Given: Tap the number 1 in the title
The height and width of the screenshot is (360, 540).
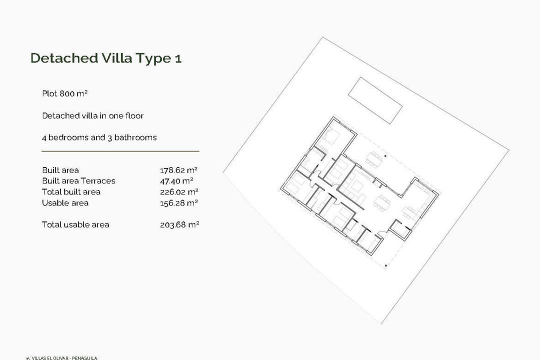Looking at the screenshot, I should point(178,58).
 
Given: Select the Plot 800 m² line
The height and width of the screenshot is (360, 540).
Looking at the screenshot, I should point(65,93).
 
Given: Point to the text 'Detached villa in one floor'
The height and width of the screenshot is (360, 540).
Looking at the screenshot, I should point(92,115).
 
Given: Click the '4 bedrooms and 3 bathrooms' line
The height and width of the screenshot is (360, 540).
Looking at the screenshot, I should point(99,137).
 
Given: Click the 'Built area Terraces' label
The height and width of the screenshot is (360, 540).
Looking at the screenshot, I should point(78,181).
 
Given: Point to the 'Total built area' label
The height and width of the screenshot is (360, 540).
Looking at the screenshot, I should point(71,192).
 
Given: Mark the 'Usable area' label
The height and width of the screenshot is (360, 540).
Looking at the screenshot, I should point(65,203).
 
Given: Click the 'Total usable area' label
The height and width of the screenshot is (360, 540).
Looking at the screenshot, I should point(75,225).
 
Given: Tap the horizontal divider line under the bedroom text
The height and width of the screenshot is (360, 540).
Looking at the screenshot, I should point(120,150).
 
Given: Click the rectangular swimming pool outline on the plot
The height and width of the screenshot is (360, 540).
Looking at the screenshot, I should point(375,100).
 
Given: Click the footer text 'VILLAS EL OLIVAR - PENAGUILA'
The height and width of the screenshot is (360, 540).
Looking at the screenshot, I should point(64,357).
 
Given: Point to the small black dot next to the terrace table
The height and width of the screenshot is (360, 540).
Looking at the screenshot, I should point(385,156).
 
